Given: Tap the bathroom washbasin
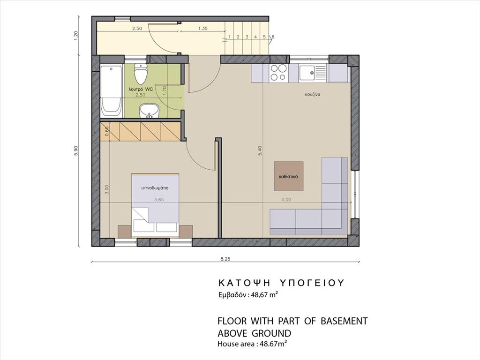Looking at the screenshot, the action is [149, 111].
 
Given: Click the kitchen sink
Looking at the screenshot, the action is [313, 73].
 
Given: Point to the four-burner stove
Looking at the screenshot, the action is [278, 73].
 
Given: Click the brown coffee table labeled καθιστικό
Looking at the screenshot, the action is [289, 176].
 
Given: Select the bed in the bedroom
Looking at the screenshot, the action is [155, 205].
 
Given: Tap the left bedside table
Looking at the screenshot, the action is [125, 231].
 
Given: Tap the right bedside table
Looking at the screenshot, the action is [186, 231].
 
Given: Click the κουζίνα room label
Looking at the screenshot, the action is [313, 95].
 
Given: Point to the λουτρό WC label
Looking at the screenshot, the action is [141, 90].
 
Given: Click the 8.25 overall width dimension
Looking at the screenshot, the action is [225, 259].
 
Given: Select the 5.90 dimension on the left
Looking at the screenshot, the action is [76, 150].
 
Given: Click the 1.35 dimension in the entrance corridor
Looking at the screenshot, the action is [202, 28].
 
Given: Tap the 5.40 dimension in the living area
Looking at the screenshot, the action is [260, 151].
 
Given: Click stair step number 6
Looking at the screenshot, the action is [273, 37].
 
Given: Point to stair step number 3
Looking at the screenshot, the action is [247, 37].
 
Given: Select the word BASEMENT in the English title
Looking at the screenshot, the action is [344, 321].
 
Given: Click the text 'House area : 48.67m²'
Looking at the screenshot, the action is [252, 344].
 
